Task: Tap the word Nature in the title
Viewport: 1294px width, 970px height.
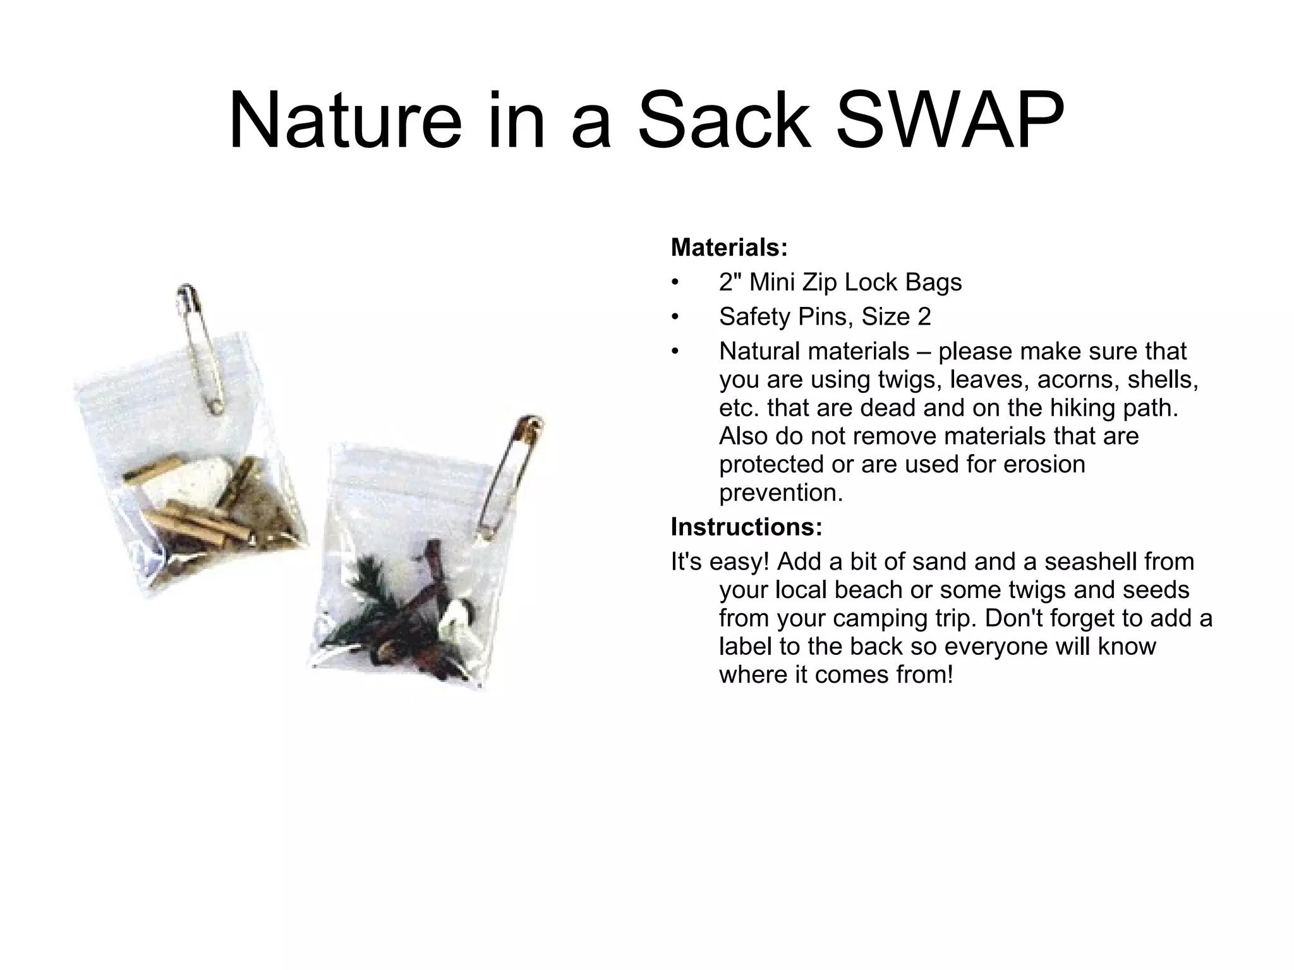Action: click(345, 120)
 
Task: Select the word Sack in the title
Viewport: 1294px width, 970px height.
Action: click(723, 120)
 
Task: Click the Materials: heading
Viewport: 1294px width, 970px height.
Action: click(729, 248)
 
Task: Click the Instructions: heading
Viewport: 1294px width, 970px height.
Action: click(746, 527)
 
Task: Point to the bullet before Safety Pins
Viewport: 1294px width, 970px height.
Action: click(675, 317)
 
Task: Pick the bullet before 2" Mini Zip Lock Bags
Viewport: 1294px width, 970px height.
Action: click(675, 282)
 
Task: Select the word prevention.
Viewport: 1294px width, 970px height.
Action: click(781, 493)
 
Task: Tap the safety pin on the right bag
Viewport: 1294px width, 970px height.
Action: click(509, 477)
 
